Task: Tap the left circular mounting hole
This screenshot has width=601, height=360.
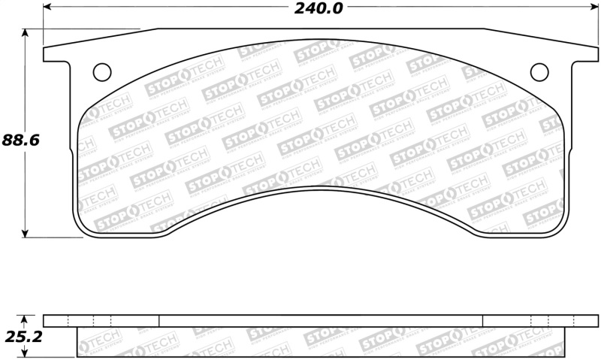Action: click(101, 71)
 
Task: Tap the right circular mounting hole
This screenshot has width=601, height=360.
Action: click(539, 71)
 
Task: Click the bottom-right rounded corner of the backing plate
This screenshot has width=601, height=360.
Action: click(557, 228)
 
